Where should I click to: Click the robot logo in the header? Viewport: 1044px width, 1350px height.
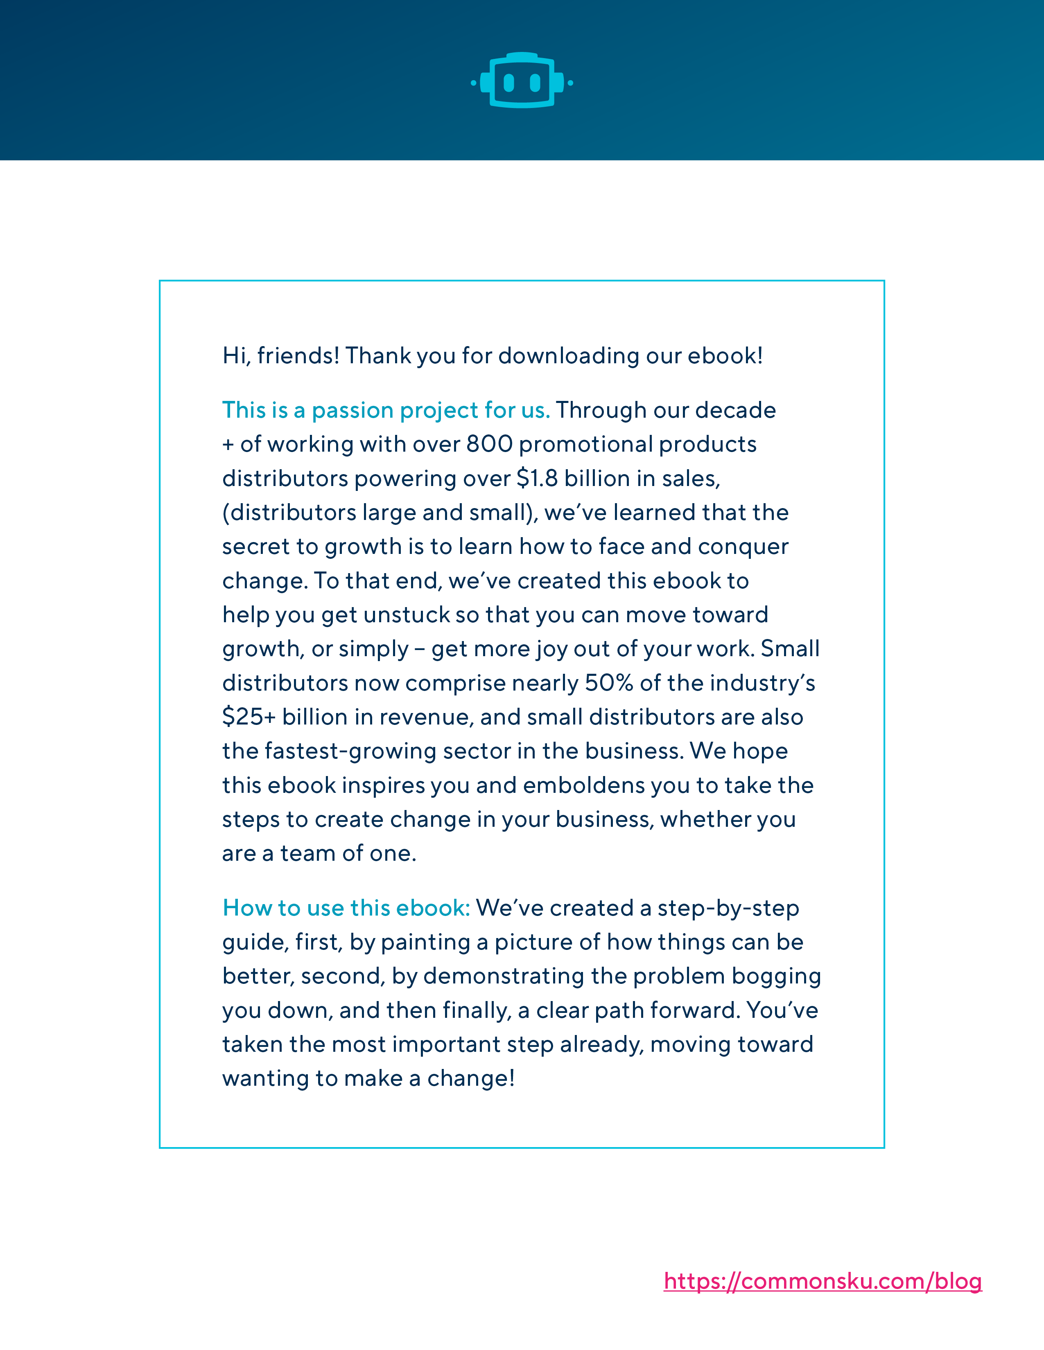click(521, 80)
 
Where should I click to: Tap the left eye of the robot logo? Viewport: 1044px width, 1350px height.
click(509, 82)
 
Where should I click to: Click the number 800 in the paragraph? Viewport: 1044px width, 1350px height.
click(489, 444)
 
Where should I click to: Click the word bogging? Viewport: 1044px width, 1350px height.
click(776, 976)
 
